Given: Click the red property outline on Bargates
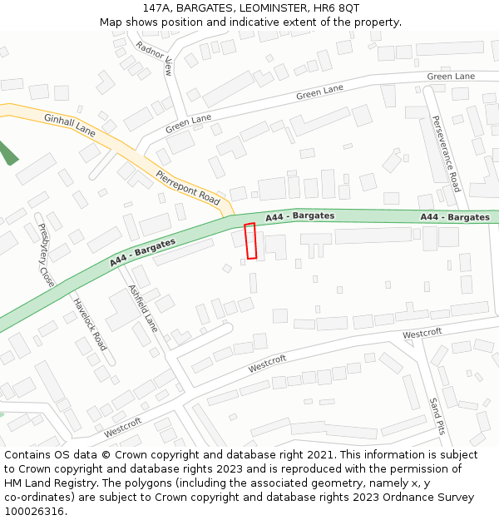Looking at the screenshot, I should click(x=250, y=240).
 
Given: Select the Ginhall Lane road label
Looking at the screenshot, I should click(x=70, y=124).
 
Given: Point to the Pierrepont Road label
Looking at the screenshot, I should click(x=188, y=188).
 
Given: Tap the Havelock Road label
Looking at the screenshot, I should click(x=90, y=324).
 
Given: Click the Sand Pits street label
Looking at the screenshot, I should click(x=437, y=416).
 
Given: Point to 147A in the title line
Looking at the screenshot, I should click(x=159, y=7).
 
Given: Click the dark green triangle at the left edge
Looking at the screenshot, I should click(x=7, y=153).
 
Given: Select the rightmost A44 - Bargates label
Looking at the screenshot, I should click(x=455, y=217).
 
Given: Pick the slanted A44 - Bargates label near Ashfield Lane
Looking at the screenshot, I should click(x=142, y=253).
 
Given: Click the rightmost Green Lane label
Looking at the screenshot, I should click(x=451, y=77).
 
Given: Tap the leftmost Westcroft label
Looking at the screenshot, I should click(x=123, y=428).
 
